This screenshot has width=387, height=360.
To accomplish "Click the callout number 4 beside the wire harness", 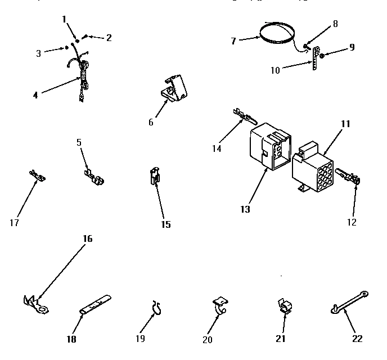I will [35, 95].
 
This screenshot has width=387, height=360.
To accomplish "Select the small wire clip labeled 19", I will [156, 307].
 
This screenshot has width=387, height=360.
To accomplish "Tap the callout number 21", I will [281, 338].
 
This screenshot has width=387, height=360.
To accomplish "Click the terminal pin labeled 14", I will [243, 116].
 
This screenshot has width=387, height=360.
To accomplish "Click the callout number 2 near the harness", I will [109, 38].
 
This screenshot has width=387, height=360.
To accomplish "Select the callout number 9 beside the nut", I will [352, 47].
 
